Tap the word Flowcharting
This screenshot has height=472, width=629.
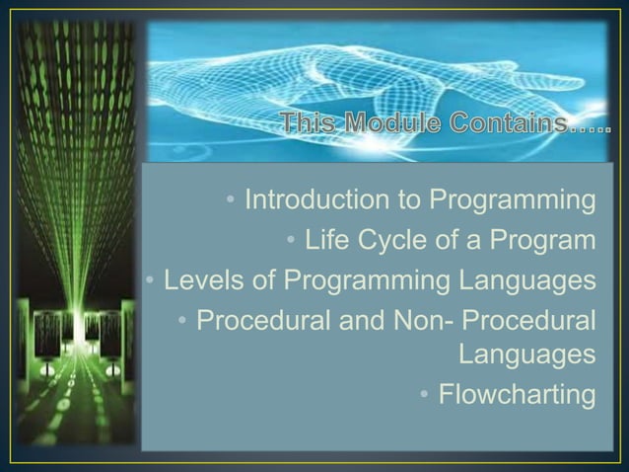[517, 396]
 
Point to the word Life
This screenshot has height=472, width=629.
[329, 240]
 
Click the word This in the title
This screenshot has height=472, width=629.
[309, 125]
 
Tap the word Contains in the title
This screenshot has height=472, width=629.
[502, 125]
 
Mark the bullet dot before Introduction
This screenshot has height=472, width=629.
[230, 201]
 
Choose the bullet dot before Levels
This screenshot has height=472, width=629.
[150, 281]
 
